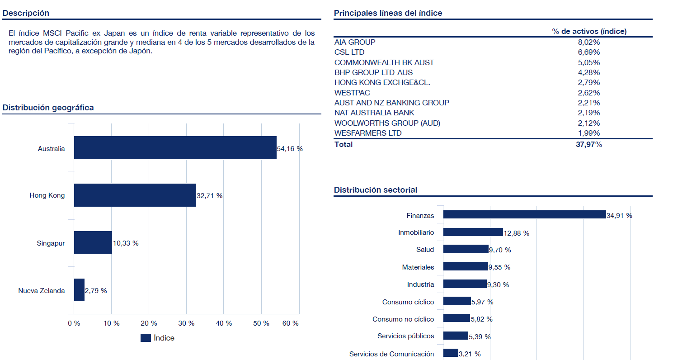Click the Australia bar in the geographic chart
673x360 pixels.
tap(175, 148)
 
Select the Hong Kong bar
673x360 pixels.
tap(135, 195)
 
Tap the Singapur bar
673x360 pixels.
tap(93, 243)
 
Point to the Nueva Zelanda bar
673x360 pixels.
tap(79, 290)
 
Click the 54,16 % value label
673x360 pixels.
tap(290, 149)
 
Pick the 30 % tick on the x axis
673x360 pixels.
tap(186, 323)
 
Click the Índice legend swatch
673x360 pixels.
tap(146, 338)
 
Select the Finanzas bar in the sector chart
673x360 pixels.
tap(524, 215)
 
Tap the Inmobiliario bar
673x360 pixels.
tap(473, 232)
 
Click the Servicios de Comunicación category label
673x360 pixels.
tap(391, 354)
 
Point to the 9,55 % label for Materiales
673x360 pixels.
tap(500, 267)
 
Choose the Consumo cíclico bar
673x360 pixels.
tap(457, 301)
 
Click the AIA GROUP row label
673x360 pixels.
tap(355, 42)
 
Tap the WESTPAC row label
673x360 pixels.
tap(352, 93)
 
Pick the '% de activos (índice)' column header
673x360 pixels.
tap(589, 31)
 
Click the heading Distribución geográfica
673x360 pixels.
tap(48, 108)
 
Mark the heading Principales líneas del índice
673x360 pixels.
tap(388, 13)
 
